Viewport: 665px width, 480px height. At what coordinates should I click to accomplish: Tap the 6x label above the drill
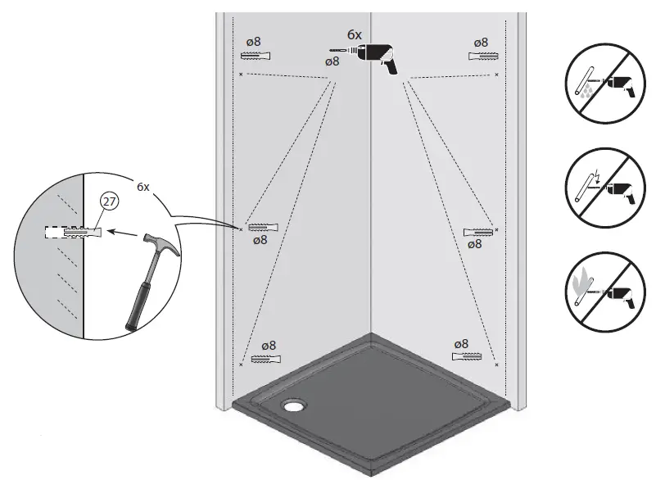coord(354,34)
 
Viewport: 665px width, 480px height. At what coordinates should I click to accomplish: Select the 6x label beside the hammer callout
coord(142,187)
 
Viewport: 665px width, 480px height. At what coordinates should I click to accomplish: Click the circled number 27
coord(108,201)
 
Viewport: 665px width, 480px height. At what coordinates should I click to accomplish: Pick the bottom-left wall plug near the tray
coord(266,359)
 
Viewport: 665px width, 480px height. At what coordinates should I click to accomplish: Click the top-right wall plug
coord(482,56)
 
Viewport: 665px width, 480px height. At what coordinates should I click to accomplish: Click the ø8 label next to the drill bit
coord(332,61)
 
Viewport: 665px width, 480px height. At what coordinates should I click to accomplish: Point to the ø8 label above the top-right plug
coord(481,42)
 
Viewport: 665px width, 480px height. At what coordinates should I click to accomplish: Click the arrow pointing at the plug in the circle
coord(123,233)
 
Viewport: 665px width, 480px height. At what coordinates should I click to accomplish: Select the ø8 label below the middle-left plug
coord(260,240)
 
